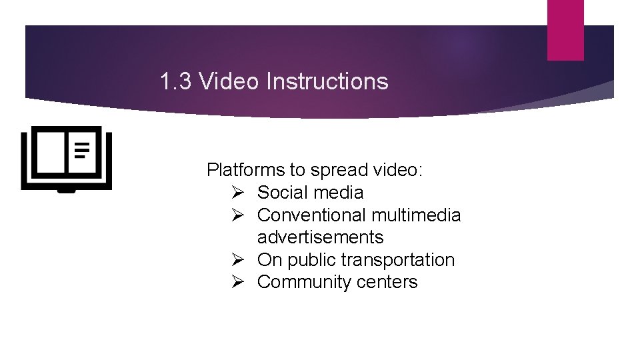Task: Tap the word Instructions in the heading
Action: click(327, 82)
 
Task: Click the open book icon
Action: click(67, 159)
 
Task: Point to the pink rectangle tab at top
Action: click(565, 30)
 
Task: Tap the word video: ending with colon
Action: click(397, 171)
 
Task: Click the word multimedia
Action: click(416, 215)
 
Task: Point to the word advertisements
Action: click(321, 237)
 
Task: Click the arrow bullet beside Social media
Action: click(241, 193)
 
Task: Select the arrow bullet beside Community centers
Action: click(241, 282)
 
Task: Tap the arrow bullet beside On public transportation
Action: click(241, 260)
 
